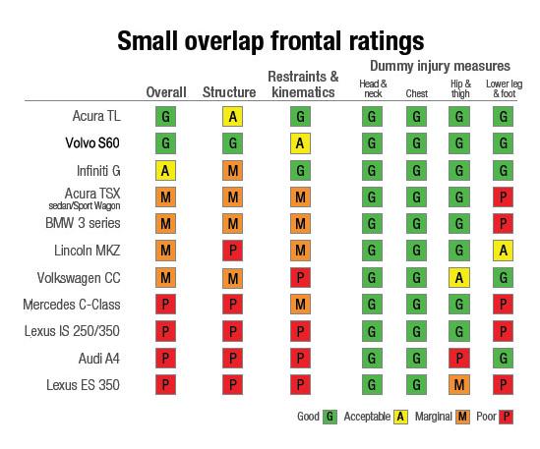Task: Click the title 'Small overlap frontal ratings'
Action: pyautogui.click(x=270, y=40)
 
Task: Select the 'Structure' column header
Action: pyautogui.click(x=229, y=92)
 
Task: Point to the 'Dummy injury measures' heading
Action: pyautogui.click(x=440, y=65)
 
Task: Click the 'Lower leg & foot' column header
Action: pyautogui.click(x=503, y=88)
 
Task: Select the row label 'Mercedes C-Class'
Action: pyautogui.click(x=72, y=304)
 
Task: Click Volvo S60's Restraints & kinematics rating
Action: pyautogui.click(x=302, y=143)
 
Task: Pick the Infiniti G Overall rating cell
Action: pyautogui.click(x=165, y=170)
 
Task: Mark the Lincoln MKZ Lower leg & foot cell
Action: pyautogui.click(x=503, y=251)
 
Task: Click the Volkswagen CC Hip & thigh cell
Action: pyautogui.click(x=457, y=277)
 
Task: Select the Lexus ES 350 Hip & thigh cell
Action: pyautogui.click(x=457, y=384)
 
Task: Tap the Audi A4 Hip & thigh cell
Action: pyautogui.click(x=457, y=358)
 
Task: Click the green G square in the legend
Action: pyautogui.click(x=330, y=417)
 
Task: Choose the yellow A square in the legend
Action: pyautogui.click(x=401, y=417)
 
